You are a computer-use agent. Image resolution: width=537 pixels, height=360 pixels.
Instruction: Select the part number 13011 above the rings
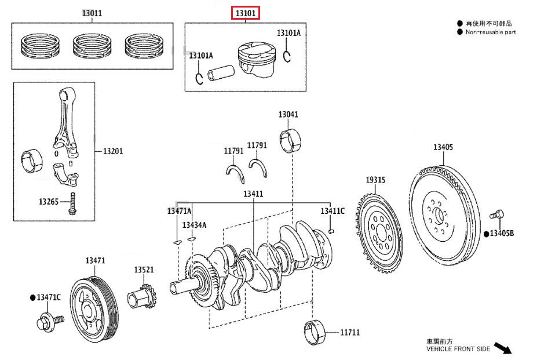(x=92, y=13)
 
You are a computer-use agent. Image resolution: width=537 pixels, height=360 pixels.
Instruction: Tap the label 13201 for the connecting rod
(x=113, y=151)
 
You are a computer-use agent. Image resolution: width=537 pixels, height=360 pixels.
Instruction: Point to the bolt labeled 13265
(x=72, y=203)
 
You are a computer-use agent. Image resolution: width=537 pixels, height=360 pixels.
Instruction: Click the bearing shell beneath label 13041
(x=289, y=141)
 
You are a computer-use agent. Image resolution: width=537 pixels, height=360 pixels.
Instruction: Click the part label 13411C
(x=333, y=211)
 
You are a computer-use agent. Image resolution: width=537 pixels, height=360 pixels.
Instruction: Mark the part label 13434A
(x=194, y=225)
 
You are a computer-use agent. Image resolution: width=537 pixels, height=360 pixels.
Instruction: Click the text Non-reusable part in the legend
(x=490, y=32)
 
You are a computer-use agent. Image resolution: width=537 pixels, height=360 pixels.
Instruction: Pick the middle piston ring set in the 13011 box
(x=92, y=46)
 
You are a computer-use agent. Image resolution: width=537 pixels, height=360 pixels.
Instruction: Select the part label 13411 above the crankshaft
(x=253, y=194)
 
